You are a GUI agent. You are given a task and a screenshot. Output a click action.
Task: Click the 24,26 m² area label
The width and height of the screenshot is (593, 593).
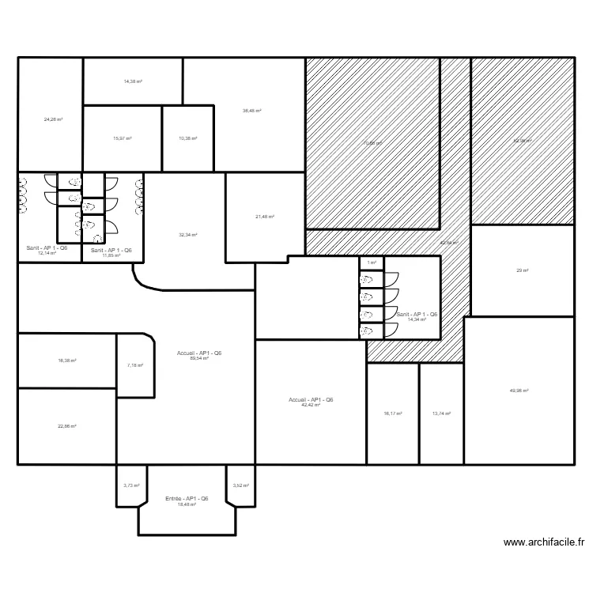pos(53,119)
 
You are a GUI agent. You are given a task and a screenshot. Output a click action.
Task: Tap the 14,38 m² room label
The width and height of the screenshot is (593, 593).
pos(133,81)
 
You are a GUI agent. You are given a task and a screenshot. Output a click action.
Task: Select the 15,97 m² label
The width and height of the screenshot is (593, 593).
pos(123,138)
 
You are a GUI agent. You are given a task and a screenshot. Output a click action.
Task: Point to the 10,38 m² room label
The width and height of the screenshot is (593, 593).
pos(188,138)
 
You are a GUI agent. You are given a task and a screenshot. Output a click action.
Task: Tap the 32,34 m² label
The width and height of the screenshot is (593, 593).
pos(188,235)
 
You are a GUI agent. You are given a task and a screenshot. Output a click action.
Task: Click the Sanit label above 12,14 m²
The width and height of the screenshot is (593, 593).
pos(47,248)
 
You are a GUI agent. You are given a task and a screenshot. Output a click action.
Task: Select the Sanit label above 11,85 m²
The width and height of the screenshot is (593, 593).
pos(111,250)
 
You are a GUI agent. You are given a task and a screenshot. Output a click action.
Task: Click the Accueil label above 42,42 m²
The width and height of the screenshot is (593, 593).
pos(312,400)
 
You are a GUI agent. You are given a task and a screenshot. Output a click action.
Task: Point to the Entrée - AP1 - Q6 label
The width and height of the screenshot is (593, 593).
pos(187,498)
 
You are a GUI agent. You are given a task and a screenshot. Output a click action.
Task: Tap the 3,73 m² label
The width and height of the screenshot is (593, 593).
pos(131,485)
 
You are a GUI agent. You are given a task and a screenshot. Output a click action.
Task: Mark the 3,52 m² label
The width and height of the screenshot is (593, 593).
pos(240,485)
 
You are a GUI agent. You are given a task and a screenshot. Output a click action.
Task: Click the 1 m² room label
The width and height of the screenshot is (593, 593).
pos(371,263)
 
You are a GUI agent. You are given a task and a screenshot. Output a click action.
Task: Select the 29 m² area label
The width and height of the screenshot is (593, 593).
pos(522,270)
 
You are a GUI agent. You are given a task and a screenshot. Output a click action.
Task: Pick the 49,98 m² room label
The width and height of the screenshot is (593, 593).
pos(519,391)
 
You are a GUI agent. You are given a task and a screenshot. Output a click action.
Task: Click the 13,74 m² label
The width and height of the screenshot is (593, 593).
pos(440,414)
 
